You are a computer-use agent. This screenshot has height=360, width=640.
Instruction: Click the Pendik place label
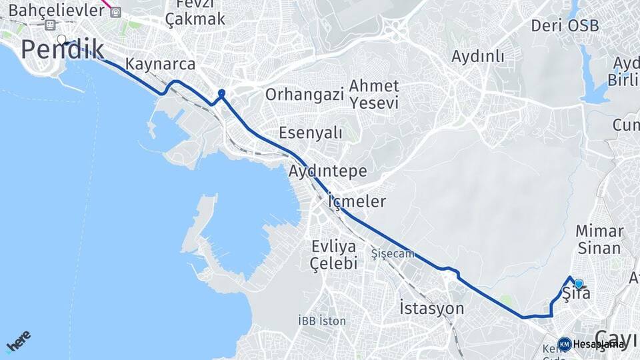click(x=63, y=50)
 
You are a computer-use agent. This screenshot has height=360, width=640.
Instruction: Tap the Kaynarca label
click(x=161, y=65)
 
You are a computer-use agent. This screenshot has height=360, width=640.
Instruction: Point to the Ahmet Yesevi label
click(x=374, y=95)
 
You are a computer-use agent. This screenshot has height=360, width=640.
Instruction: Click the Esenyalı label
click(x=311, y=133)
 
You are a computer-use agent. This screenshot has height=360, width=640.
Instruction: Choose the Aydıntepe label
click(x=328, y=171)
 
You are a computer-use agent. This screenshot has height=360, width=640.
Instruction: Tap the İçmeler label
click(x=357, y=201)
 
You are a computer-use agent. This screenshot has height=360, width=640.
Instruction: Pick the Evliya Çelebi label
click(x=334, y=255)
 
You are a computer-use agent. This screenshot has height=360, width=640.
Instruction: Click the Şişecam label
click(x=393, y=254)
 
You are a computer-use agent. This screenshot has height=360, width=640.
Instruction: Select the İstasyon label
click(x=431, y=309)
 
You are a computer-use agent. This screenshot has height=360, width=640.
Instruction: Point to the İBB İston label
click(x=323, y=321)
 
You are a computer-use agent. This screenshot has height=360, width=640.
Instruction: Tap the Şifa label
click(x=576, y=293)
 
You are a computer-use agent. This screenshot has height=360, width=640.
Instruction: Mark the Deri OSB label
click(x=565, y=26)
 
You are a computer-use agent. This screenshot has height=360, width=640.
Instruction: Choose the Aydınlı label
click(x=478, y=57)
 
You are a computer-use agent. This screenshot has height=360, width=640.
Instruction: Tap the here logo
click(x=19, y=341)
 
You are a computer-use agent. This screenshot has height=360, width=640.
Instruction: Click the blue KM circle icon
click(x=565, y=344)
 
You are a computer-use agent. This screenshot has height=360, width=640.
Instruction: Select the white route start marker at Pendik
click(x=62, y=39)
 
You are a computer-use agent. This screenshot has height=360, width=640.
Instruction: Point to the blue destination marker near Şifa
click(x=579, y=283)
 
